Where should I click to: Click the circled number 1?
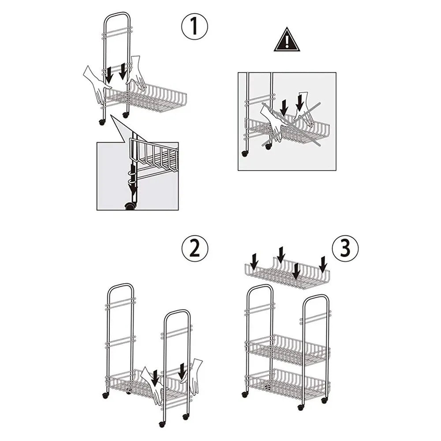pos(194,27)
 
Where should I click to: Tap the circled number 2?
pos(194,249)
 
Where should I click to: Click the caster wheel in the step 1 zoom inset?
pos(130,206)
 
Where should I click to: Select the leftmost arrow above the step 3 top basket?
pos(254,261)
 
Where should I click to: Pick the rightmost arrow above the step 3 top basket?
pos(323,264)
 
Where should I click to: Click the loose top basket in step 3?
pos(287,274)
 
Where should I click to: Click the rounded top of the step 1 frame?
pos(117,15)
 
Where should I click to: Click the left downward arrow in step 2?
pos(155,377)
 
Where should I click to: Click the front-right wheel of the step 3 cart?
pos(301,407)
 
